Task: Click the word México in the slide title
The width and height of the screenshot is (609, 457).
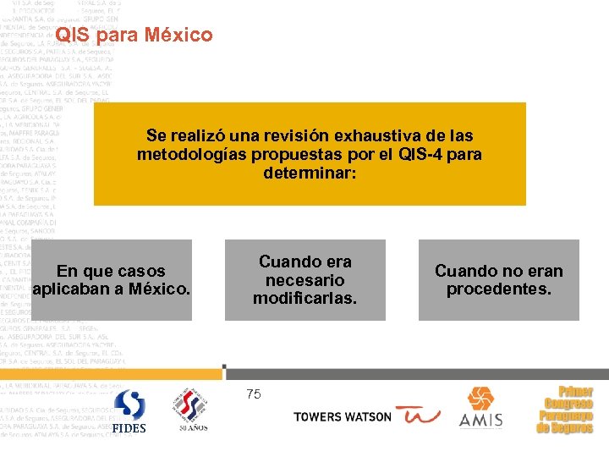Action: click(178, 36)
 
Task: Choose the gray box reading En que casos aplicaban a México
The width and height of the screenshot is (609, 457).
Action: click(111, 279)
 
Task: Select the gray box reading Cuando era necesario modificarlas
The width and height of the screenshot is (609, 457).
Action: click(304, 279)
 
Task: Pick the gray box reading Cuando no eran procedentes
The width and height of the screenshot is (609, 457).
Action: click(498, 279)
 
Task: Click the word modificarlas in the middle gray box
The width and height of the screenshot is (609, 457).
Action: click(304, 298)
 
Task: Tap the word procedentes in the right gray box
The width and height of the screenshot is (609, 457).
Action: click(498, 289)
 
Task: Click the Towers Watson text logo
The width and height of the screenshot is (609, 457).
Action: click(343, 417)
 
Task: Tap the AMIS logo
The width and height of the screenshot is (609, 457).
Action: click(480, 408)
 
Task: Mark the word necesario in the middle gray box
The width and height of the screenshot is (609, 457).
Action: click(304, 280)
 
